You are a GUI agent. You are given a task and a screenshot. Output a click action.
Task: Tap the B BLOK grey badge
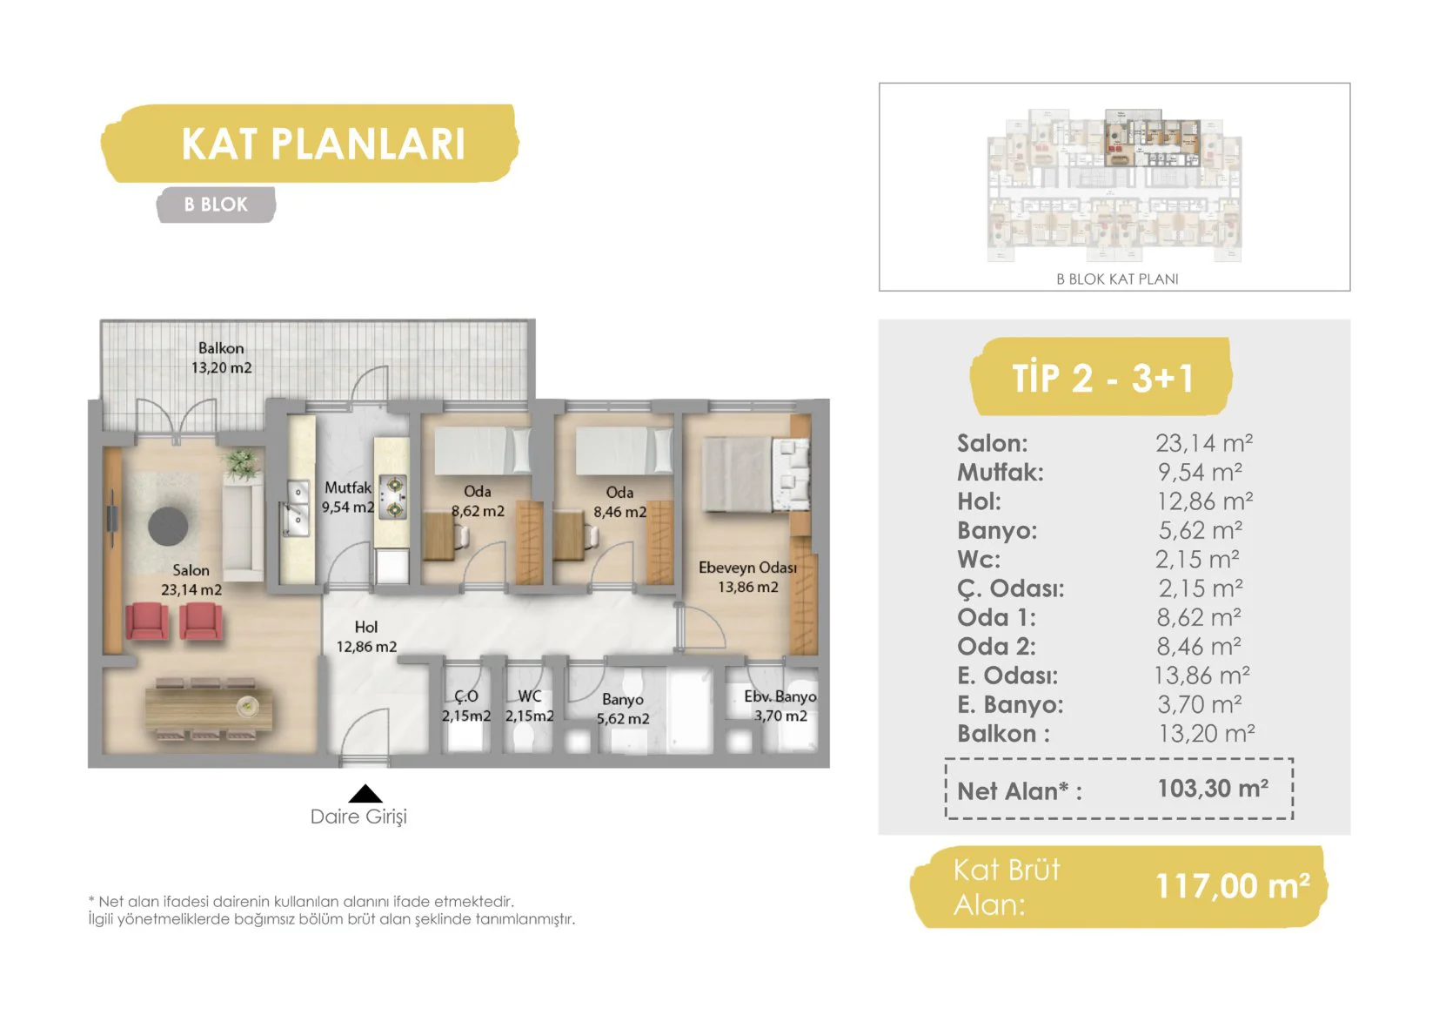pos(216,205)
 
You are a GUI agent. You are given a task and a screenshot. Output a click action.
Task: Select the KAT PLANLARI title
pos(323,144)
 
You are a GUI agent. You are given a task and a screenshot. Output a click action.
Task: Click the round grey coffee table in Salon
pos(168,526)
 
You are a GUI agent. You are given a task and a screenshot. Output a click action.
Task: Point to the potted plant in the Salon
pos(241,463)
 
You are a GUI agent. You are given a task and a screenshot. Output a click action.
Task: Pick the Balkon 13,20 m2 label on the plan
pos(221,358)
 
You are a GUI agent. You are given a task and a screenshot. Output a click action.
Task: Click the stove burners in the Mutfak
pos(392,497)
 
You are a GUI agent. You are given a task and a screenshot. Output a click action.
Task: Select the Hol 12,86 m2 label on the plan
pos(366,636)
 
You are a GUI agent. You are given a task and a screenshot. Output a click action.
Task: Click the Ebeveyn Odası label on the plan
pos(747,568)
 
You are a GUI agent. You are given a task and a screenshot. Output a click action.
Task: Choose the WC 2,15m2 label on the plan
pos(529,706)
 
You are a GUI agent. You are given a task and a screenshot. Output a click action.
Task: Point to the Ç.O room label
pos(465,696)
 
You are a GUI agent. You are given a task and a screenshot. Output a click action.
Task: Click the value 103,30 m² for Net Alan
pos(1213,789)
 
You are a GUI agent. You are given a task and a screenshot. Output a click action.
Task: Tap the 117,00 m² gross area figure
pos(1233,886)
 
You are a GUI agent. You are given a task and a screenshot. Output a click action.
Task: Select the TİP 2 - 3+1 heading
pos(1102,378)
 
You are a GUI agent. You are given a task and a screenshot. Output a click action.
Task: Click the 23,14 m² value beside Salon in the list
pos(1204,443)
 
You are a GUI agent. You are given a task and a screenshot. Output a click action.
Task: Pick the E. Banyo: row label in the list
pos(1010,704)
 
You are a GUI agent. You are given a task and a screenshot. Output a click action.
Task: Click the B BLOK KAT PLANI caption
pos(1117,279)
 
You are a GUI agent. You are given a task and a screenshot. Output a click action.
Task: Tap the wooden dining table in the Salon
pos(209,709)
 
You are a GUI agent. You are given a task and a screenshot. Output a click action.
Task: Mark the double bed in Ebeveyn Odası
pos(756,475)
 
